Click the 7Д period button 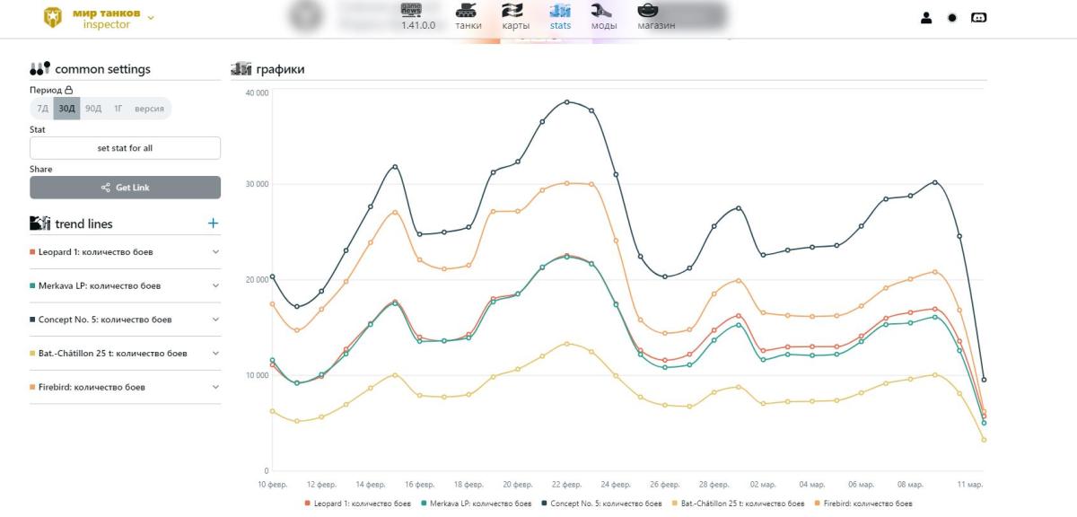(x=42, y=109)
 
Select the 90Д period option (x=93, y=109)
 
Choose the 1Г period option (x=118, y=109)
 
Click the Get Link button (x=125, y=188)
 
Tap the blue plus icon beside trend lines (x=213, y=223)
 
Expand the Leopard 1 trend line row (x=125, y=252)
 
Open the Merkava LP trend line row (x=125, y=285)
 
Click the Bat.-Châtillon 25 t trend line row (x=125, y=354)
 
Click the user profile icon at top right (x=926, y=17)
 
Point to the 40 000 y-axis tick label (x=257, y=92)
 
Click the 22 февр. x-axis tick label (x=566, y=485)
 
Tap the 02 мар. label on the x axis (x=763, y=485)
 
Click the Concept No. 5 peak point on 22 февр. (x=566, y=101)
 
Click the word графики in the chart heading (x=280, y=69)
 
